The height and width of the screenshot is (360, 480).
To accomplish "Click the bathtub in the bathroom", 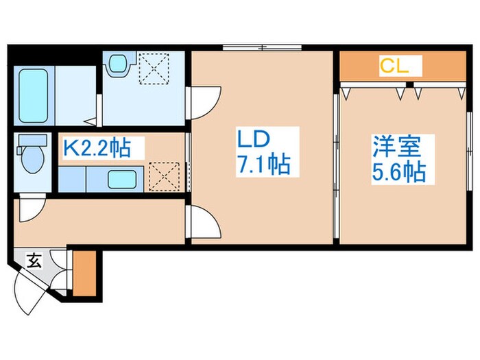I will pos(31,95).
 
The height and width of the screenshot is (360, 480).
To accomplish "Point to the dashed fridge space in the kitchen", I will pos(165,176).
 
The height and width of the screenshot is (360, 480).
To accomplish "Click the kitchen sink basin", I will pos(120,180).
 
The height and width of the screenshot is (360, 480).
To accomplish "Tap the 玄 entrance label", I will pos(33,259).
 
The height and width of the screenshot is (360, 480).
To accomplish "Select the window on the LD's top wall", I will pos(262,47).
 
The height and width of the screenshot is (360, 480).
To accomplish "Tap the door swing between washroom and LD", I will pos(202,104).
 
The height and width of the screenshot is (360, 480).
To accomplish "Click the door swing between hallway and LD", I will pos(203,222).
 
